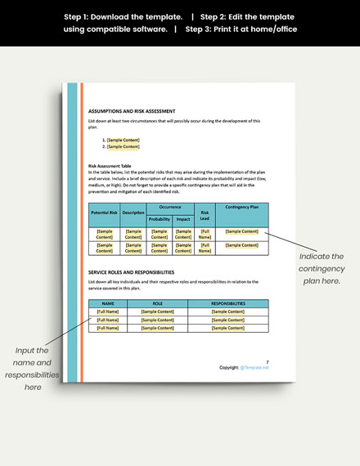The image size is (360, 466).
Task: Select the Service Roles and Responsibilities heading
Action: click(x=131, y=271)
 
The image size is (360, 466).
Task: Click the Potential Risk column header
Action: click(x=105, y=213)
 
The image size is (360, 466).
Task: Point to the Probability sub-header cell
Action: click(x=160, y=219)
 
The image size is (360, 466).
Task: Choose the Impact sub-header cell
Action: click(x=183, y=219)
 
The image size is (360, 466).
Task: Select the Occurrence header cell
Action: click(x=171, y=208)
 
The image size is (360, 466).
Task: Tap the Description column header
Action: click(x=133, y=213)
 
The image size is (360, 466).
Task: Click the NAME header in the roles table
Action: click(x=108, y=303)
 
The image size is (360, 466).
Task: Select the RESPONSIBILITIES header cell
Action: click(x=227, y=303)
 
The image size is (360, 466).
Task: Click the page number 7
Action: click(x=267, y=361)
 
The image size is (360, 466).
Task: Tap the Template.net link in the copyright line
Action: click(x=254, y=368)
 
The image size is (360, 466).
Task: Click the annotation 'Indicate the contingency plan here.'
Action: click(x=320, y=269)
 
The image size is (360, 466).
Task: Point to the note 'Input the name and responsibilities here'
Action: click(x=33, y=368)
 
